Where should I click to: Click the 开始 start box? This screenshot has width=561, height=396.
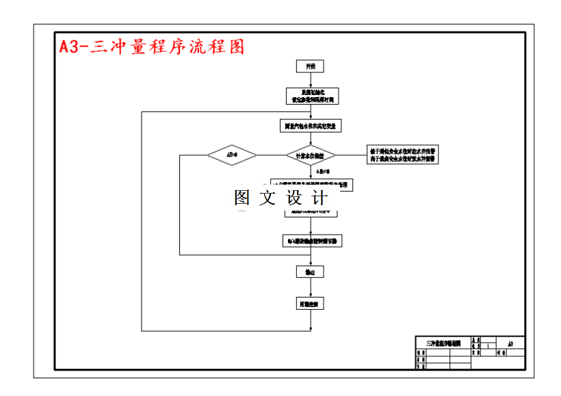311,66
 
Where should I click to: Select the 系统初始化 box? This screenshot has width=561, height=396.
311,96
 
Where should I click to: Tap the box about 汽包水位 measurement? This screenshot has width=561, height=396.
311,126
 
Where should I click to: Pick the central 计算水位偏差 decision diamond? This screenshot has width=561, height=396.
311,155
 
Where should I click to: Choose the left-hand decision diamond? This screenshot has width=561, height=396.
232,155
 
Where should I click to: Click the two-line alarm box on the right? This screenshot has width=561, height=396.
404,155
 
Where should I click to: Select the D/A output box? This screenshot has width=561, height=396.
311,241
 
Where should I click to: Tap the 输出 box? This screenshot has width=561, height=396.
311,272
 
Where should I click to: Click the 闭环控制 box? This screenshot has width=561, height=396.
311,304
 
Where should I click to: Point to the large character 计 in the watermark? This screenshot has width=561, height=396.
320,198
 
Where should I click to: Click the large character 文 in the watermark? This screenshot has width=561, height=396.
269,198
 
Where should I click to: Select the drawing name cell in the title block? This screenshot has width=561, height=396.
443,343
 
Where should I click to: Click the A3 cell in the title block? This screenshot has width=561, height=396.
511,343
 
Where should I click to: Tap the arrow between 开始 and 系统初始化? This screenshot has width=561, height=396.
311,80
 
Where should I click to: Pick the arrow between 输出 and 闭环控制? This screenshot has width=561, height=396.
311,287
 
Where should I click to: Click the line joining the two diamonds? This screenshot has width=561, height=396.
272,155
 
